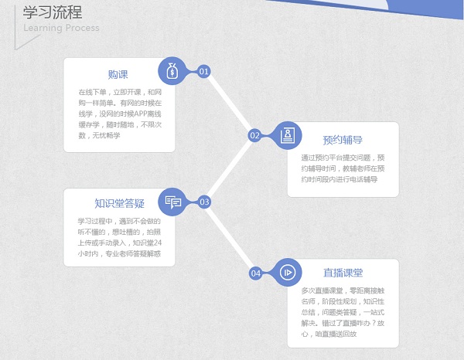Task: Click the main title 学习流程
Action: (x=53, y=12)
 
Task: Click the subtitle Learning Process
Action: (x=61, y=29)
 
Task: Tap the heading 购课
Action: (x=118, y=74)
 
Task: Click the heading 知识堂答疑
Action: (x=119, y=204)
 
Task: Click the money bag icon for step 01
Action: (x=172, y=71)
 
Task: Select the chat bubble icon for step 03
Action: (x=172, y=202)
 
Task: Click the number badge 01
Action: (x=204, y=71)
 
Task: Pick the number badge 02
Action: (x=254, y=136)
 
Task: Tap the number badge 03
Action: (x=204, y=202)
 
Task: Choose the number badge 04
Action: (x=255, y=273)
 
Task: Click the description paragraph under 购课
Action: (x=119, y=113)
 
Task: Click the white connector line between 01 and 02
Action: (x=230, y=104)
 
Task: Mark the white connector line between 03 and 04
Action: (x=230, y=237)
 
